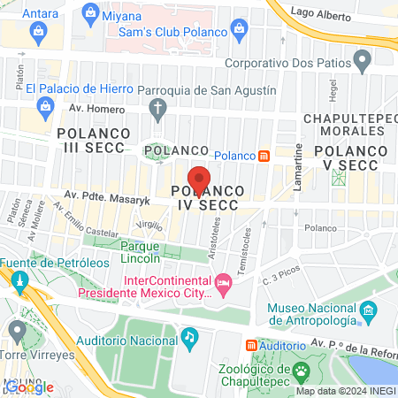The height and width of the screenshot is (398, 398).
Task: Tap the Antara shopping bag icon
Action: point(39,33)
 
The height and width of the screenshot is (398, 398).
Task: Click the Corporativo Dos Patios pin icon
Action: point(362,60)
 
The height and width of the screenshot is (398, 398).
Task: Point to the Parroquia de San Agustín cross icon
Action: point(158,110)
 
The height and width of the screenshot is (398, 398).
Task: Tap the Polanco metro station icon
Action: point(264,157)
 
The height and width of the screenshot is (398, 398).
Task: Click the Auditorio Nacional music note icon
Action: point(188,336)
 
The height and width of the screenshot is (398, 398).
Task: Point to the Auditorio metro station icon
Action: point(252,344)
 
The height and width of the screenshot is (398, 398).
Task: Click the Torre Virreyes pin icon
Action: point(17,330)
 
